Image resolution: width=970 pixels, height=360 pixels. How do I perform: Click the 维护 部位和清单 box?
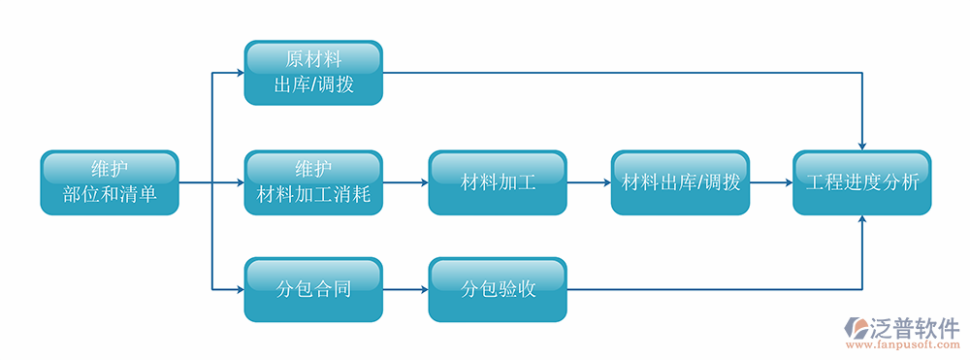pos(110,182)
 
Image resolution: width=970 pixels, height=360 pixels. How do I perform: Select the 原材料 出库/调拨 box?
pos(313,73)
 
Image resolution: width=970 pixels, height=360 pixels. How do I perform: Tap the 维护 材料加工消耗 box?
pos(313,182)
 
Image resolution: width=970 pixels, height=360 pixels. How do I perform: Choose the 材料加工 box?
pos(498,182)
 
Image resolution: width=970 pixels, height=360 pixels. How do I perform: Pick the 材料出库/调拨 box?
pos(680,182)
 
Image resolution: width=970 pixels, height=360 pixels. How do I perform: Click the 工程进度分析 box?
pos(862,182)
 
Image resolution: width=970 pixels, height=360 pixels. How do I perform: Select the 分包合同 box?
pos(313,289)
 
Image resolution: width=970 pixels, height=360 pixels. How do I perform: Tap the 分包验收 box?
pos(498,289)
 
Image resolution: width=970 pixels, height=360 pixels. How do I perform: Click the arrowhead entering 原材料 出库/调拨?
pos(239,73)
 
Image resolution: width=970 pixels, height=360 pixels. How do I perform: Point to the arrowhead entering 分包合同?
pos(239,289)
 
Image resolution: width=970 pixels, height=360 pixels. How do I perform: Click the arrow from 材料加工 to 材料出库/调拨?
pos(589,182)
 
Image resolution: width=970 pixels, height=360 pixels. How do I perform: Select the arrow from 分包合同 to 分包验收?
pos(405,289)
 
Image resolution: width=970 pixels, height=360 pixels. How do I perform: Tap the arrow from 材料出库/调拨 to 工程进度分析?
pos(771,182)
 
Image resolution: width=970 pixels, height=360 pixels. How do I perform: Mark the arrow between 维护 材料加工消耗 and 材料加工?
pos(405,182)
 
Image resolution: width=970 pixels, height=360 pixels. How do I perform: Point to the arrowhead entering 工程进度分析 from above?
pos(862,144)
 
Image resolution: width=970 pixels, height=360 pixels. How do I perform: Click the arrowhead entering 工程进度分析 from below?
pos(862,221)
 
